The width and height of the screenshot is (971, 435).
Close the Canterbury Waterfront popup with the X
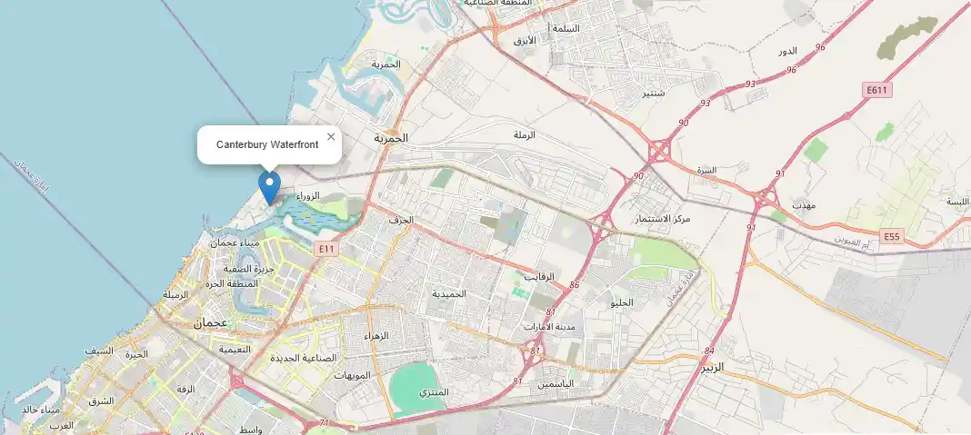coord(331,137)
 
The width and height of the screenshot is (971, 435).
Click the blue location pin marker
coord(269,186)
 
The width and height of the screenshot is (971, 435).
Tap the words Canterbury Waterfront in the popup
coord(267,145)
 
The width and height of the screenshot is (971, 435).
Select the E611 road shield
coord(876,90)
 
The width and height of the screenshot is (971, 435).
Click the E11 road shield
coord(327,247)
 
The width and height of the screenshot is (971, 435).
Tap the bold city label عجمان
coord(210,322)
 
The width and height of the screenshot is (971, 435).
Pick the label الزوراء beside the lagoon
coord(308,196)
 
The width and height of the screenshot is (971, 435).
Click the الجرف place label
coord(400,220)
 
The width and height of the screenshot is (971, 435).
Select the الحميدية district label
coord(448,294)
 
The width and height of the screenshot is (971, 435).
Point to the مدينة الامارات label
coord(548,327)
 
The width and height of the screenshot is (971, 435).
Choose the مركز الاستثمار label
coord(664,219)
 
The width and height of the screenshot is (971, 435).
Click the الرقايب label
coord(540,276)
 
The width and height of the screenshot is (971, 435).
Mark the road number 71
coord(324,423)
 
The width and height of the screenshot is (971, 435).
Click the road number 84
coord(709,351)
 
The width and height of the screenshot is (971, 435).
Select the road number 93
coord(725,84)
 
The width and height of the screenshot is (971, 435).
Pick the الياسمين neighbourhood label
coord(556,384)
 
